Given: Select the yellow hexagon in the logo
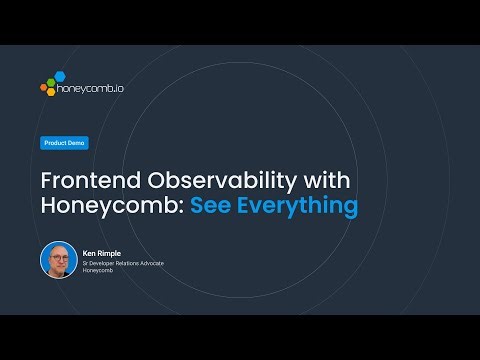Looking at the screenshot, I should coord(50,93).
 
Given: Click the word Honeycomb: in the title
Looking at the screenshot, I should coord(113,207).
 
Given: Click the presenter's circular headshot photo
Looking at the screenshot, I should coord(58,260).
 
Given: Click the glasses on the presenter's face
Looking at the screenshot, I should coord(58,257).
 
